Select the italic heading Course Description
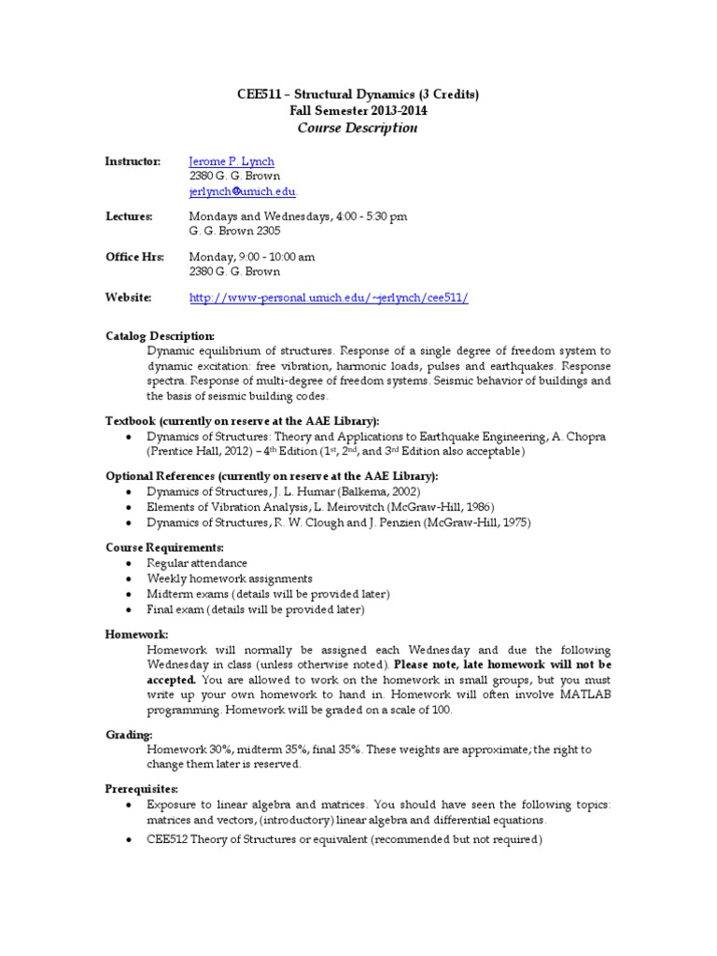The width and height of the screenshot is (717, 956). coord(358,128)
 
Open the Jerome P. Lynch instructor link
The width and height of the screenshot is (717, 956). coord(232,162)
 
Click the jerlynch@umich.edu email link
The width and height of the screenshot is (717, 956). coord(242,191)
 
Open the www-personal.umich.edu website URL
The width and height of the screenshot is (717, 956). coord(329,298)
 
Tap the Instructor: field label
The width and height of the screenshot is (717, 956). coord(133,162)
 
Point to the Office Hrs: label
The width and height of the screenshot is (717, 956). coord(134,257)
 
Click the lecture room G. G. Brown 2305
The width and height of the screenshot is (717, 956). coord(234,231)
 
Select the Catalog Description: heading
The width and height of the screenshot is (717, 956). coord(160,336)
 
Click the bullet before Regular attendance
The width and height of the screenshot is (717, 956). coord(127,564)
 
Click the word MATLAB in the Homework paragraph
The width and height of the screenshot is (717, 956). coord(578,695)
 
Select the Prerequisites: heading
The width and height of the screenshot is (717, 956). coord(142,789)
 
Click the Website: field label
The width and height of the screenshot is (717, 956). coord(129,298)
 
